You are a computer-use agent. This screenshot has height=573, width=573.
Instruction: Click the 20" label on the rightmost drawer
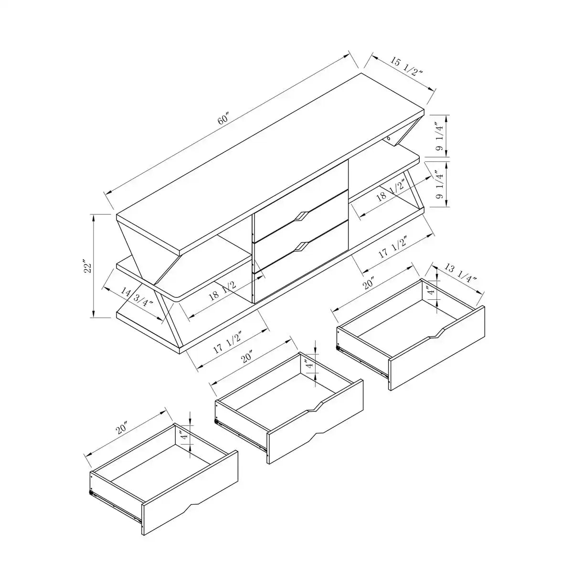(368, 285)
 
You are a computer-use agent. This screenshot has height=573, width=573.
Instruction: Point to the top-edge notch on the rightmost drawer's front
(435, 334)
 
